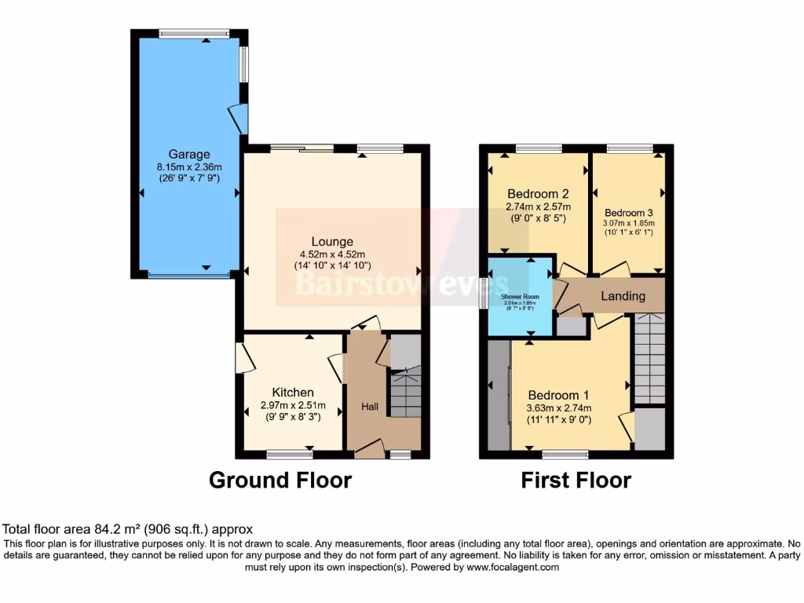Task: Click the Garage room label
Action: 188,154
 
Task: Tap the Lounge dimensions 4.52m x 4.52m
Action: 331,254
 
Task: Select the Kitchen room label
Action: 293,393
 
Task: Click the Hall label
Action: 370,407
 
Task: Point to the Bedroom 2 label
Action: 538,194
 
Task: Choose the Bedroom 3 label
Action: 628,212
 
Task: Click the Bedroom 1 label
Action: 558,395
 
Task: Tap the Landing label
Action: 623,296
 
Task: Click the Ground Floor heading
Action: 280,480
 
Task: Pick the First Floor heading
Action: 576,480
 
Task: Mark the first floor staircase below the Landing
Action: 649,357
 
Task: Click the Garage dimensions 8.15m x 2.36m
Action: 188,166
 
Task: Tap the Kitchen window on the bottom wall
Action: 289,454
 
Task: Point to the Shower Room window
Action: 484,294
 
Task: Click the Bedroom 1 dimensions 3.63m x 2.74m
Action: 559,407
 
